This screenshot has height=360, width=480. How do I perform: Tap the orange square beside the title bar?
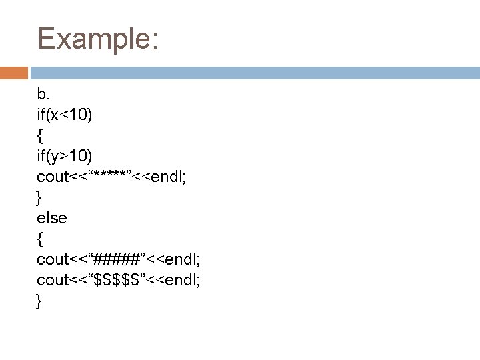point(14,73)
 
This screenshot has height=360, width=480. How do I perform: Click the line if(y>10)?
point(65,156)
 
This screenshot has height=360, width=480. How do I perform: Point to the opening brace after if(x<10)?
point(41,136)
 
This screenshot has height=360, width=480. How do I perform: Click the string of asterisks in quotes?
point(109,177)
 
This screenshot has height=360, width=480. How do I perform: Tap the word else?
point(52,217)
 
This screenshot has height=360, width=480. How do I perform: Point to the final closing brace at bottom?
point(39,301)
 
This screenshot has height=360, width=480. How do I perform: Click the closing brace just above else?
point(39,197)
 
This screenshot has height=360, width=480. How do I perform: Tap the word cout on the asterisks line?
point(53,177)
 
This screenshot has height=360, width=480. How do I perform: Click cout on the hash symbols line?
point(53,259)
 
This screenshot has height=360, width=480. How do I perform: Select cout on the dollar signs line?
point(53,279)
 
